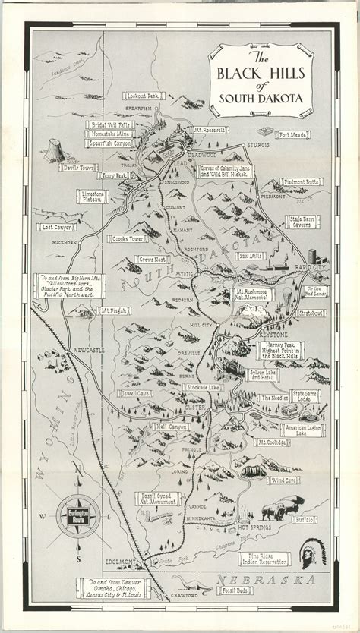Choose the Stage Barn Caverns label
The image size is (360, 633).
click(304, 222)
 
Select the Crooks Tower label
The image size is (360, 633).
click(126, 239)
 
